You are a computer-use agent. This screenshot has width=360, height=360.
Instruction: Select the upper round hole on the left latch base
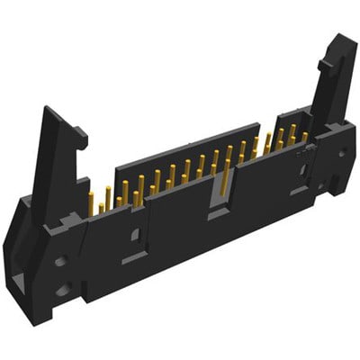(x=59, y=262)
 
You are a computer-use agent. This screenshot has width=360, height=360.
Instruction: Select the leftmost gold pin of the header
(x=92, y=203)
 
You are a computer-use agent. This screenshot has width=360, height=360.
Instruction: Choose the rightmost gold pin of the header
(x=305, y=137)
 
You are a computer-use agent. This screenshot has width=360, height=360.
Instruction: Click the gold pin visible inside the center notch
(x=219, y=184)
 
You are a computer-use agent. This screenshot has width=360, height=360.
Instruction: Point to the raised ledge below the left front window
(x=135, y=256)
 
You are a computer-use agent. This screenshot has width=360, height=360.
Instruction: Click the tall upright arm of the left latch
(x=49, y=162)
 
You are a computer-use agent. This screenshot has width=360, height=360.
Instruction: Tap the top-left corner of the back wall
(x=117, y=163)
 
